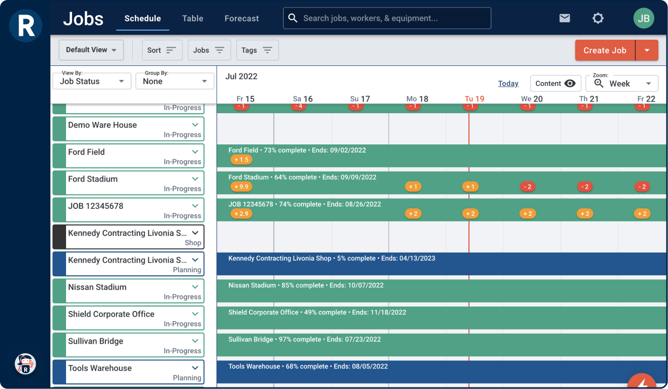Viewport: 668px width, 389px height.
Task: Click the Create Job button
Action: pyautogui.click(x=604, y=50)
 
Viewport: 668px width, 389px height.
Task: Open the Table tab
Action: pyautogui.click(x=193, y=19)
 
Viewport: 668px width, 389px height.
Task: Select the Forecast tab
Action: pyautogui.click(x=241, y=19)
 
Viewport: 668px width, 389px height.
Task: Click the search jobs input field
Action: pyautogui.click(x=387, y=18)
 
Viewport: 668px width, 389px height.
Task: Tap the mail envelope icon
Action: pyautogui.click(x=565, y=19)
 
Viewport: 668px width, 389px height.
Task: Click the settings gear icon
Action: pyautogui.click(x=598, y=19)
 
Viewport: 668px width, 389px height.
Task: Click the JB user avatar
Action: pyautogui.click(x=643, y=19)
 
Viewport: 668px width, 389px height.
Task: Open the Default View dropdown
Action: pyautogui.click(x=91, y=50)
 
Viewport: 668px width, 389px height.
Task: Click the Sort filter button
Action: pyautogui.click(x=161, y=50)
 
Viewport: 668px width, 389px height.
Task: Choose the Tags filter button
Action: pyautogui.click(x=257, y=50)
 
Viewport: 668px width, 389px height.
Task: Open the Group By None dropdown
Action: pyautogui.click(x=175, y=81)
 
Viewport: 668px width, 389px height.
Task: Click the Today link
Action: pyautogui.click(x=508, y=84)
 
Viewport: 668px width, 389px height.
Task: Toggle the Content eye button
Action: pyautogui.click(x=556, y=84)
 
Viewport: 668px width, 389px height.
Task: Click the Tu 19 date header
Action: pyautogui.click(x=474, y=99)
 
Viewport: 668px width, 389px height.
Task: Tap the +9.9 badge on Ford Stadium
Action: pyautogui.click(x=241, y=187)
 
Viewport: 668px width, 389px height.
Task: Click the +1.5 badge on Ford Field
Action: pyautogui.click(x=241, y=160)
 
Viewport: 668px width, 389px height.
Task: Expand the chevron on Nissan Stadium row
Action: pyautogui.click(x=195, y=287)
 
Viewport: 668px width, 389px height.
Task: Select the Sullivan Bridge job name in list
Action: pyautogui.click(x=96, y=341)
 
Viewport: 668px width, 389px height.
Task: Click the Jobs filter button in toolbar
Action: pyautogui.click(x=209, y=50)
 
